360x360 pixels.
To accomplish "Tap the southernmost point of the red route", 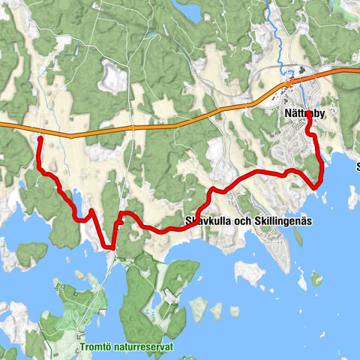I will pyautogui.click(x=113, y=246).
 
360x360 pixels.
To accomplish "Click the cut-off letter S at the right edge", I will pyautogui.click(x=357, y=166).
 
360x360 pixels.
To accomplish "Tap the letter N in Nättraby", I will pyautogui.click(x=289, y=115).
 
